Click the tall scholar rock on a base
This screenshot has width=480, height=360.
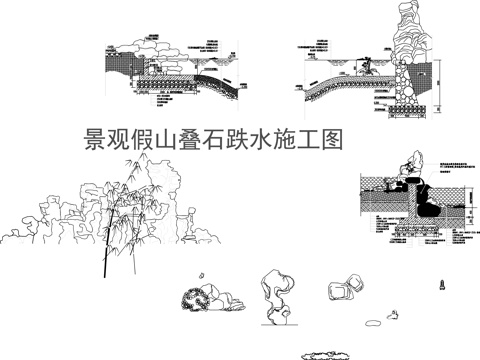pyautogui.click(x=274, y=298)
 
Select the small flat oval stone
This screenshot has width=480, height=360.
pyautogui.click(x=373, y=322)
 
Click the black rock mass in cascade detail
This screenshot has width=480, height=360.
pyautogui.click(x=430, y=199)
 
